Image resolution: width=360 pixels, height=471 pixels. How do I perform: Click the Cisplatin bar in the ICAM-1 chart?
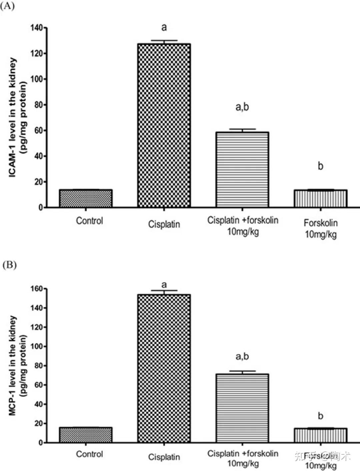[x=164, y=125]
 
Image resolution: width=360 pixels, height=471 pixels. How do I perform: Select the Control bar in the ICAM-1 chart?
[x=86, y=198]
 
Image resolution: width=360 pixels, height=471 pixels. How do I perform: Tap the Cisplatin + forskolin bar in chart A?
[x=242, y=170]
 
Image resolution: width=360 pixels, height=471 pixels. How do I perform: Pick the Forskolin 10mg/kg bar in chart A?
[x=320, y=199]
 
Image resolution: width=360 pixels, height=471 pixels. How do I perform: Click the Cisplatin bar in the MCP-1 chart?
[x=164, y=368]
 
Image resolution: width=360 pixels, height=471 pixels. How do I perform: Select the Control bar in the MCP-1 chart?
[x=86, y=435]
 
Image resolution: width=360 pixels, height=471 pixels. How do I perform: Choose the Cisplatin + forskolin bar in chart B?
[x=242, y=408]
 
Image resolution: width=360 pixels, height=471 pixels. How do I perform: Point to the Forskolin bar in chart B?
[x=320, y=435]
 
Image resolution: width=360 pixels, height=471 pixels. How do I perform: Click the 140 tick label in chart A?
[x=37, y=28]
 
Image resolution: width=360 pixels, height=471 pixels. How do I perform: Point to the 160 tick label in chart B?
[x=37, y=289]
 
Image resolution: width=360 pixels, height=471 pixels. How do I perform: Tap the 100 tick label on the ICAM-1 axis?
[x=37, y=79]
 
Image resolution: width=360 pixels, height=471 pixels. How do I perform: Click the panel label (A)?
[x=7, y=6]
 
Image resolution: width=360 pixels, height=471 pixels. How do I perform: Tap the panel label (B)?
[x=9, y=265]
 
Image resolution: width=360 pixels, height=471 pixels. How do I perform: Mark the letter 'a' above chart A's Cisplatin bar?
[x=164, y=27]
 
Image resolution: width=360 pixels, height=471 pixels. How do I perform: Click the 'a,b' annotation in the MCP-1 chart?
[x=242, y=357]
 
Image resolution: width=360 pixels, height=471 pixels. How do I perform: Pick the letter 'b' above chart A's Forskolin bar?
[x=320, y=166]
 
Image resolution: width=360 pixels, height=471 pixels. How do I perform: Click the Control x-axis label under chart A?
[x=89, y=221]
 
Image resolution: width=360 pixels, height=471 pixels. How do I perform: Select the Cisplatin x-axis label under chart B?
[x=164, y=457]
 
